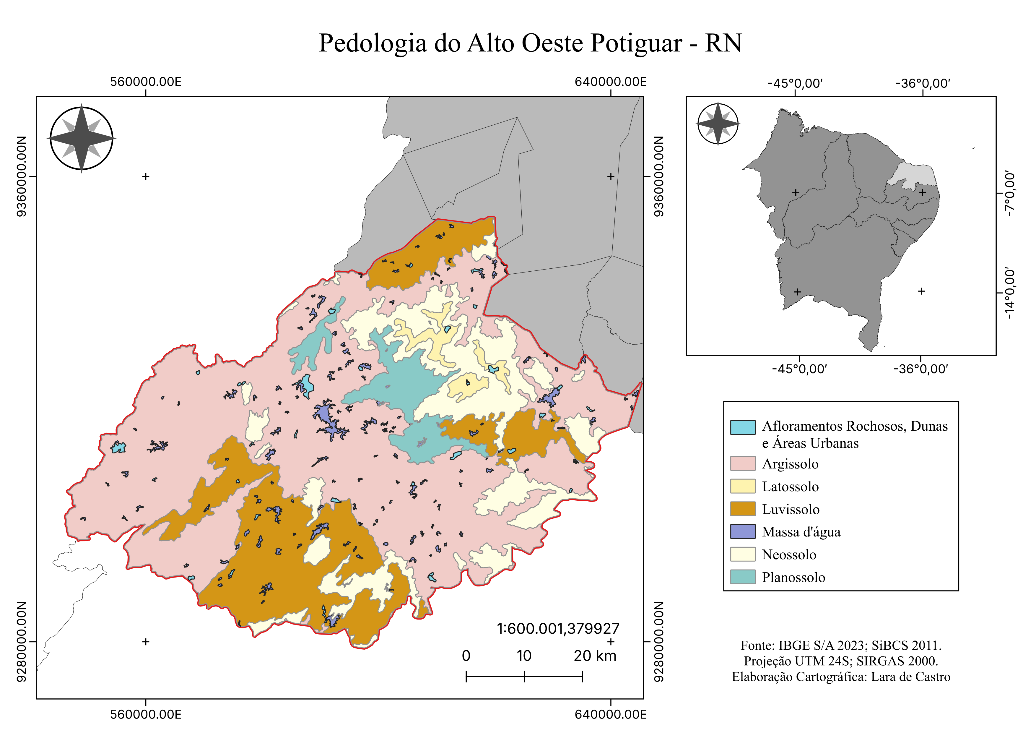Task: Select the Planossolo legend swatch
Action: (742, 577)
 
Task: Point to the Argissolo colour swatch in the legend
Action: (742, 463)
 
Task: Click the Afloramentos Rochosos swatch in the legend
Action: (742, 427)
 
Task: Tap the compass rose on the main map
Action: (81, 138)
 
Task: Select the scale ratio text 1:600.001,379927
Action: (558, 628)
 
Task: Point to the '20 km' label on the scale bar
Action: (594, 656)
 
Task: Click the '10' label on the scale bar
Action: (524, 656)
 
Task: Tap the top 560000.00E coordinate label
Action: (146, 82)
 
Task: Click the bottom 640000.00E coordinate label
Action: (611, 714)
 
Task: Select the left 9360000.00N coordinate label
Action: (21, 176)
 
